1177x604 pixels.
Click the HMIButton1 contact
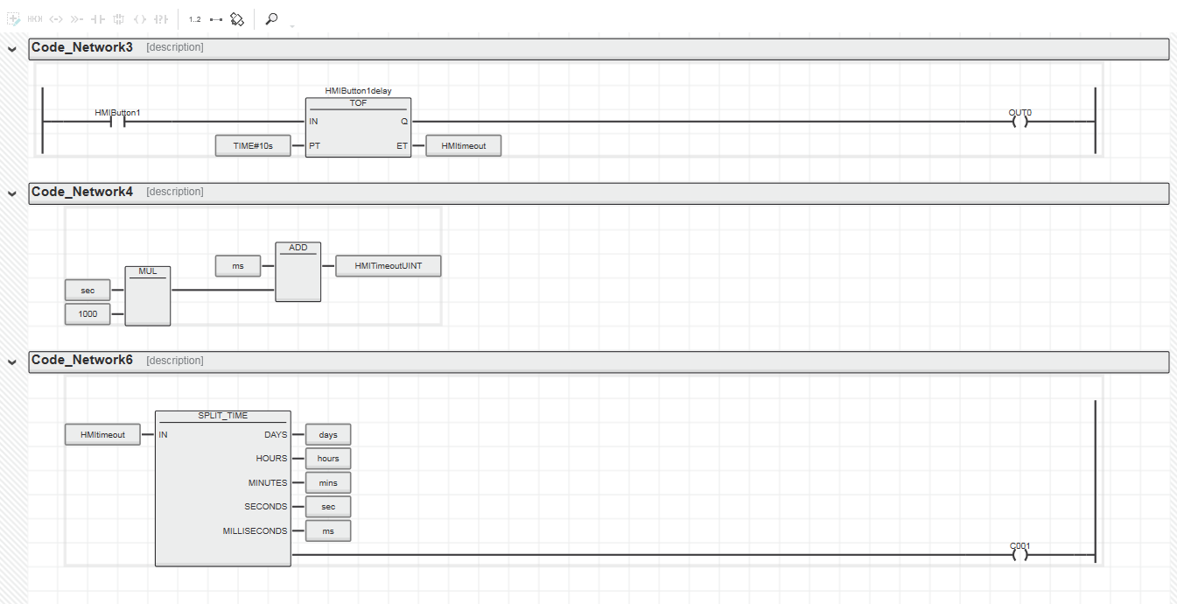point(117,122)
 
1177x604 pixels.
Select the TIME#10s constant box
point(253,145)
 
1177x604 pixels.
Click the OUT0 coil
point(1019,122)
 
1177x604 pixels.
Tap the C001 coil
point(1019,555)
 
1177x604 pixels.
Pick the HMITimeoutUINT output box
point(389,266)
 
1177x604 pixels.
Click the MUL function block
point(148,296)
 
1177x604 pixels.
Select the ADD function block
point(298,271)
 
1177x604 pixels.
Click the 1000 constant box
point(88,314)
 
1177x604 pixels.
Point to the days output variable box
point(328,435)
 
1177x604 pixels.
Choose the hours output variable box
point(328,459)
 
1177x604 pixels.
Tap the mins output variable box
point(328,482)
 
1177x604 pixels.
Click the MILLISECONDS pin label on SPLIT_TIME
point(255,531)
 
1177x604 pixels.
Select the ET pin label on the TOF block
point(402,145)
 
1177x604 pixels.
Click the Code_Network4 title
point(82,192)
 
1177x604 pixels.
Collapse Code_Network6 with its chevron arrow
point(12,362)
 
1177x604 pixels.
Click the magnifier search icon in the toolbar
point(271,19)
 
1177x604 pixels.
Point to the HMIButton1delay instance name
point(359,91)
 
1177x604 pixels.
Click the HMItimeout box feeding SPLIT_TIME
point(102,435)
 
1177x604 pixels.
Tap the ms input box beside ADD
point(238,266)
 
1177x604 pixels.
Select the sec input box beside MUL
point(88,290)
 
